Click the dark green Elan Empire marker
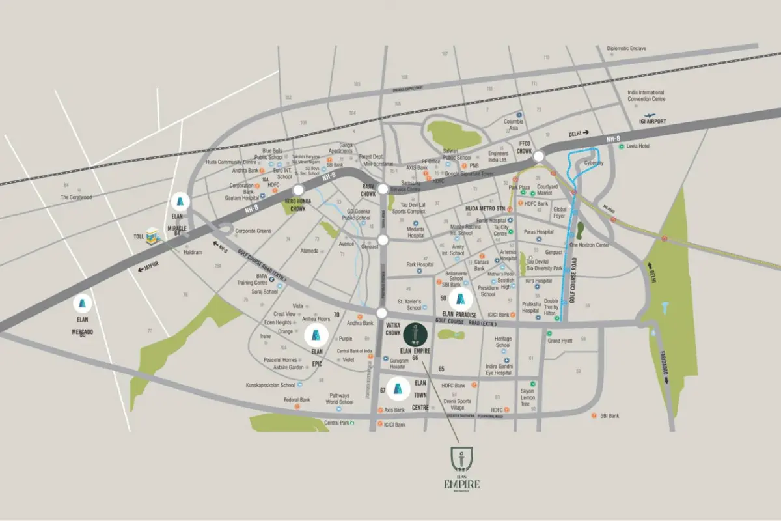pos(416,335)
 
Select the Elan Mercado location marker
pos(83,303)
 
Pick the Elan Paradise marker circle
pos(461,300)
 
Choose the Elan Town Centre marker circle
pos(399,389)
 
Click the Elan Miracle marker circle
pos(181,201)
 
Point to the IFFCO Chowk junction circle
pos(538,156)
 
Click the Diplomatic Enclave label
pos(627,48)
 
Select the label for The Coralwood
pos(77,197)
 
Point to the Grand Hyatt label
pos(560,341)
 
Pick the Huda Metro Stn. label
pos(486,208)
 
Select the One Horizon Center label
pos(589,245)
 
